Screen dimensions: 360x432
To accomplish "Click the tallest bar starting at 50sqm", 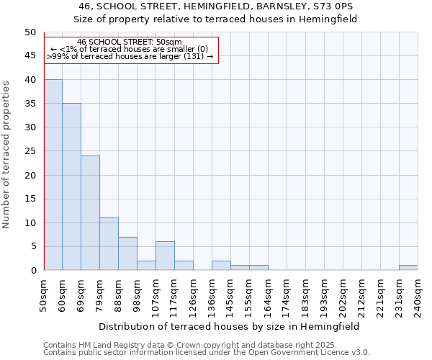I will coord(53,175).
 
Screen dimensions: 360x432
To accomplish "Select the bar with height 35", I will coord(71,186).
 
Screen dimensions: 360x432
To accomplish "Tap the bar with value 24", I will coord(90,213).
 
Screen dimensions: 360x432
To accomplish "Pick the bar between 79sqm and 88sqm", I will coord(109,244).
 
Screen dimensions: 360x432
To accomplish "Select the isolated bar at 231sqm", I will coord(408,268).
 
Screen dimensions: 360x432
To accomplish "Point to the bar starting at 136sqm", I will coord(221,266).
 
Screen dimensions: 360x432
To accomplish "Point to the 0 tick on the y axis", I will coord(32,271).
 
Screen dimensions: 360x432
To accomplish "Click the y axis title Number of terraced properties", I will coord(7,154).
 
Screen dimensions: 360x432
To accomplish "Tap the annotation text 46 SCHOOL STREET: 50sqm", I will coord(130,42).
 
